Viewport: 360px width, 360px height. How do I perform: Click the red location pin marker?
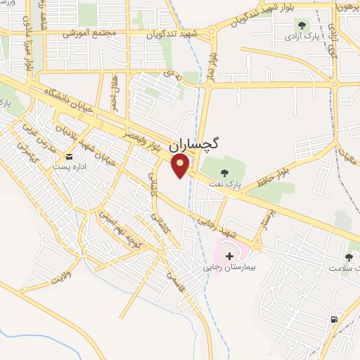point(181,166)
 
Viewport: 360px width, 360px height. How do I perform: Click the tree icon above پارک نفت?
point(224,172)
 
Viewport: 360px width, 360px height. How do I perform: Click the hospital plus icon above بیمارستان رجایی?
point(231,257)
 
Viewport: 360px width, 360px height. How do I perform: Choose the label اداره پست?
point(69,168)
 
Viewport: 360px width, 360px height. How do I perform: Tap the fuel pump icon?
point(333,320)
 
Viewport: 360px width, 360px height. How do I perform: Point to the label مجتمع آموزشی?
point(82,32)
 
